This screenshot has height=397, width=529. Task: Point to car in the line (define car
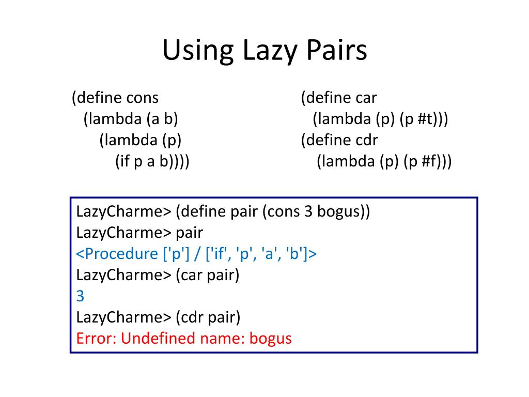pos(366,98)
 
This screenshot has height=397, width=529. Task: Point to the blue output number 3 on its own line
pos(80,296)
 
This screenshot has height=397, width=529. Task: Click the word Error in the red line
pos(97,339)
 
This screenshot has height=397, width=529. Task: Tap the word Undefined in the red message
pos(155,339)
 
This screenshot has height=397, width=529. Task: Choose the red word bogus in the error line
pos(270,339)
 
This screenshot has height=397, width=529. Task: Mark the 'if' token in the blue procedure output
pos(205,254)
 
